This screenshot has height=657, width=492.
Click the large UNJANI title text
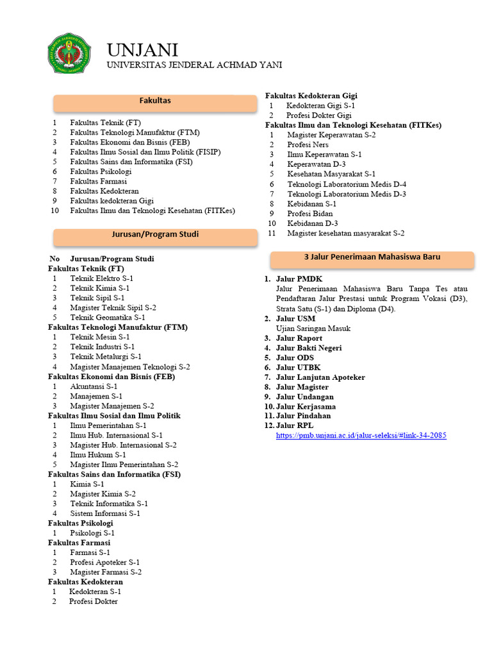point(142,50)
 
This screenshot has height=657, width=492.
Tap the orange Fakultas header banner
point(155,101)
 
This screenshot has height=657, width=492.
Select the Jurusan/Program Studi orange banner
point(155,235)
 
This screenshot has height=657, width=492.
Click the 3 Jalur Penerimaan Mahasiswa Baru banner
point(372,257)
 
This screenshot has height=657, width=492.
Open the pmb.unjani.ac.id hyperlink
point(361,436)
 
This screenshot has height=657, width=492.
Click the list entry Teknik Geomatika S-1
point(108,318)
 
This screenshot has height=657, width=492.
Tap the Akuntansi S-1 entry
point(94,386)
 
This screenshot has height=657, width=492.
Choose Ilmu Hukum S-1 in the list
point(98,455)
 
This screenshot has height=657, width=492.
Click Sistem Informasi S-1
point(105,513)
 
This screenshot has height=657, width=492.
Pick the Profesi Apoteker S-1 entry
point(105,562)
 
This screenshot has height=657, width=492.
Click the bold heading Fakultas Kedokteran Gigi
point(311,96)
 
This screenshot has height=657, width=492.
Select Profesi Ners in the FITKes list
point(308,145)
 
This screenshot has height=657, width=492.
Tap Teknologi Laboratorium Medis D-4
point(347,184)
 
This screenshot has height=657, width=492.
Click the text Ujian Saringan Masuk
point(313,328)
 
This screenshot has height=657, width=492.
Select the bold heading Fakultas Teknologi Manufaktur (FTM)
point(118,327)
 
